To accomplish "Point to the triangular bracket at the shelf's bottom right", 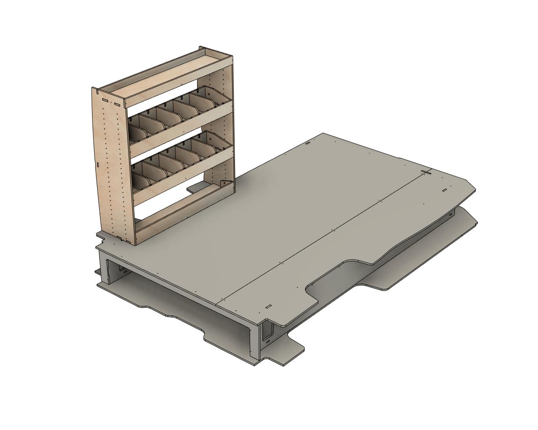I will (x=225, y=185).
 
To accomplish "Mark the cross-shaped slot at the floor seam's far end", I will (x=426, y=172).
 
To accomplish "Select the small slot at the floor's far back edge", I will (x=308, y=143).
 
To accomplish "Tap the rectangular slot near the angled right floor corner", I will (x=444, y=190).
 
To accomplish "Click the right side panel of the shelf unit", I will (x=227, y=126).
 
